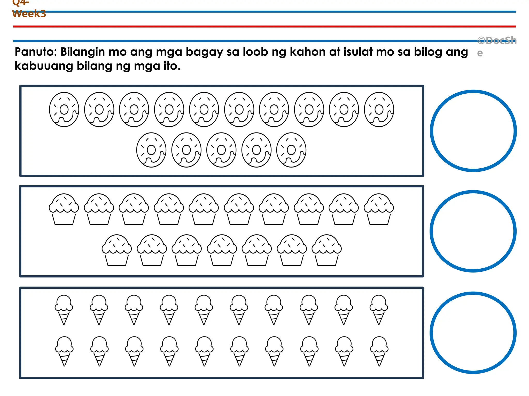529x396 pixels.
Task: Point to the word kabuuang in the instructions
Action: [44, 66]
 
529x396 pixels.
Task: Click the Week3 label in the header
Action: [29, 14]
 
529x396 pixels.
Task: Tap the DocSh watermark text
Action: [497, 41]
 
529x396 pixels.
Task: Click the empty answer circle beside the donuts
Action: [473, 131]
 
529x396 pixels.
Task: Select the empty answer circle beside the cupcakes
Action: [473, 231]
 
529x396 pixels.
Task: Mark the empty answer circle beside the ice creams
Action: [473, 333]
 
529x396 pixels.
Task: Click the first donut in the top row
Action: [64, 110]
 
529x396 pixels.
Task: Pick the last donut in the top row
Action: [379, 110]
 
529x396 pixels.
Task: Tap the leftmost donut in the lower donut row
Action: [151, 150]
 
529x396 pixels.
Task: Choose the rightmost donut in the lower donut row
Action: [291, 150]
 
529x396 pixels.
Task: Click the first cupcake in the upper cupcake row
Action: [64, 209]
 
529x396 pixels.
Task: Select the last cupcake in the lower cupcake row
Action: [327, 250]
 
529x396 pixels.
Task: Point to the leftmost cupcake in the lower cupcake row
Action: [117, 250]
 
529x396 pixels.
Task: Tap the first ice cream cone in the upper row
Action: [64, 309]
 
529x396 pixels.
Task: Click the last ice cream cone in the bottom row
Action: [379, 351]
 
